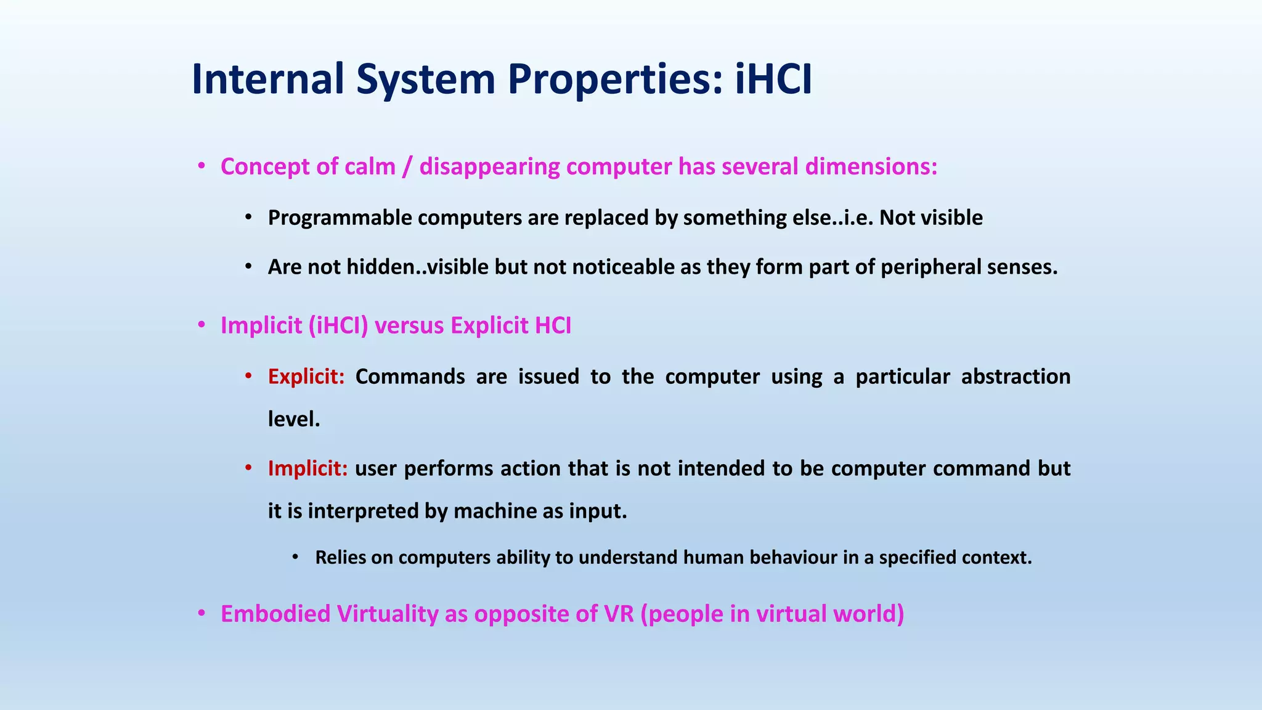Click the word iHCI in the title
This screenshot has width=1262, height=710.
point(773,79)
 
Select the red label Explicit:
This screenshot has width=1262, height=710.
point(306,377)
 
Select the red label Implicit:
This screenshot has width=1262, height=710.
point(307,468)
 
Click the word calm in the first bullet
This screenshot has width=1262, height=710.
point(370,166)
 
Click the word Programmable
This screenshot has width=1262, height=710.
point(340,218)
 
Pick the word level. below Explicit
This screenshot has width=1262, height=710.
point(294,419)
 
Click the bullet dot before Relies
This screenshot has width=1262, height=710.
point(295,557)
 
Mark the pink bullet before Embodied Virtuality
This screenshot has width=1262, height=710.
point(201,614)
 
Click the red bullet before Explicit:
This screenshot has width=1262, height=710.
point(248,376)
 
